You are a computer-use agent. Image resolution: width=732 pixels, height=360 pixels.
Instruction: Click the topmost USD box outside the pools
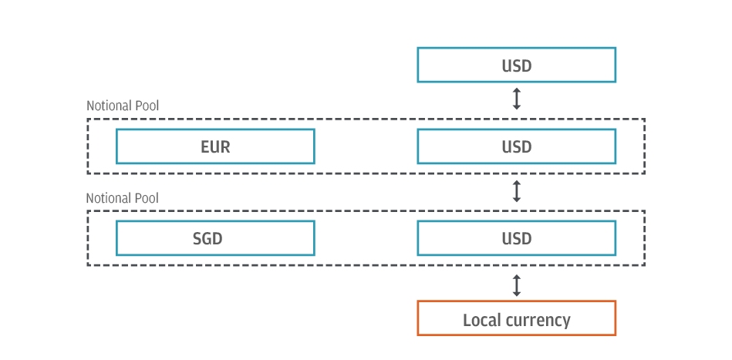point(516,65)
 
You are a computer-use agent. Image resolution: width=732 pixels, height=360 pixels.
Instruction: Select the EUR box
point(215,146)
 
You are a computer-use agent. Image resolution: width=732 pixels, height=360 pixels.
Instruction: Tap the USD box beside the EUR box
point(516,146)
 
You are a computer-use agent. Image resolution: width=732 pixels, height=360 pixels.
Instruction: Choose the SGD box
point(215,238)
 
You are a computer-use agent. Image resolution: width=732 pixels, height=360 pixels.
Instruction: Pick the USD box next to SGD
point(516,238)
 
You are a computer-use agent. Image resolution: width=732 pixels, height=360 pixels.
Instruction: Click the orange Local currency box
point(516,318)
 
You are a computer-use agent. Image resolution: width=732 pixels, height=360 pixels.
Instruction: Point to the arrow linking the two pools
point(517,192)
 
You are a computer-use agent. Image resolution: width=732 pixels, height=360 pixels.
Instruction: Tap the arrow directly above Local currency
point(517,285)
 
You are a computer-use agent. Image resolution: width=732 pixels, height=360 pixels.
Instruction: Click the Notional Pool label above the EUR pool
point(123,106)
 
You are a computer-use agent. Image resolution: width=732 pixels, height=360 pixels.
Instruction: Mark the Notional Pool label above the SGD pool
point(123,198)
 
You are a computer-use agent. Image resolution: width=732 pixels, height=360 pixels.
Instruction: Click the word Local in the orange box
point(478,319)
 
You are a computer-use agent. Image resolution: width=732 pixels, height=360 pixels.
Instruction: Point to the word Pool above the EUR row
point(147,106)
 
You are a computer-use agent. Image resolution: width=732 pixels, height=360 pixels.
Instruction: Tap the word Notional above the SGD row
point(109,198)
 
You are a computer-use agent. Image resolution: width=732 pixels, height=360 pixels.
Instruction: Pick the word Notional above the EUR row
point(109,106)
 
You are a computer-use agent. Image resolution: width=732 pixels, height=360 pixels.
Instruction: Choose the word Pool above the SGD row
point(147,198)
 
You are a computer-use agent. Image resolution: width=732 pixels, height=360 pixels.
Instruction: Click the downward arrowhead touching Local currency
point(517,294)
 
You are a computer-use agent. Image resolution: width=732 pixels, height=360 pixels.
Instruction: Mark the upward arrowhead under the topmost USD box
point(517,90)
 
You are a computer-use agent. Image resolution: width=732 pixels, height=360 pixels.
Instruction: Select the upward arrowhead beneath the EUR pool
point(517,183)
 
